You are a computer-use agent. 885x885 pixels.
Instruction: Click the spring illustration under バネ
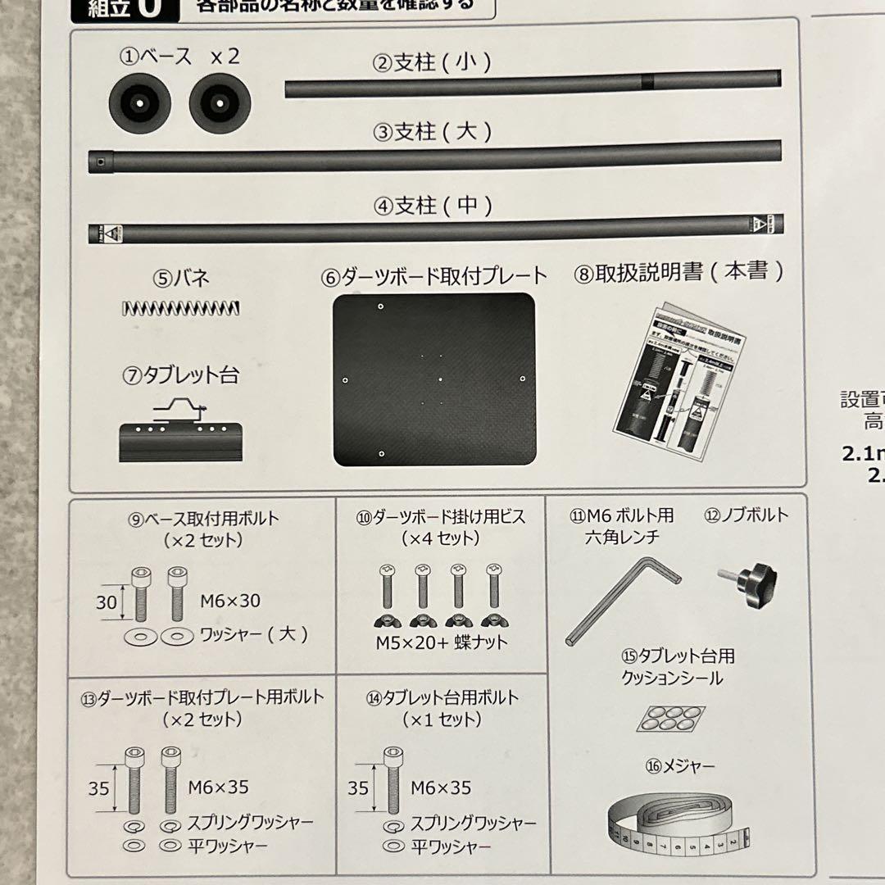point(180,308)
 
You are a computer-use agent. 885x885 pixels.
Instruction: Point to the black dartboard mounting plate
point(434,379)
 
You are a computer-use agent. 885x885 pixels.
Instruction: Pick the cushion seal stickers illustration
point(671,719)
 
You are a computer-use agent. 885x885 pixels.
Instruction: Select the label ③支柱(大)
point(433,132)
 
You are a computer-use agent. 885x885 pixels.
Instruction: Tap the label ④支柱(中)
point(433,206)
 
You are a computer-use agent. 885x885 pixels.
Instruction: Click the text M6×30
point(230,601)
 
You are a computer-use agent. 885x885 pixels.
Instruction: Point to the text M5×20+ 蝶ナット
point(442,642)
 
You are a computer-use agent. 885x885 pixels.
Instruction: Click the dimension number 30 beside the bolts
point(107,603)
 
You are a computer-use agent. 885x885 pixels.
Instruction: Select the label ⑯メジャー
point(680,766)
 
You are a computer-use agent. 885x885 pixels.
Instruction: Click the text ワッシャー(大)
point(254,635)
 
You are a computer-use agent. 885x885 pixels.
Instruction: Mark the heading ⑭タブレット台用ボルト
point(442,698)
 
